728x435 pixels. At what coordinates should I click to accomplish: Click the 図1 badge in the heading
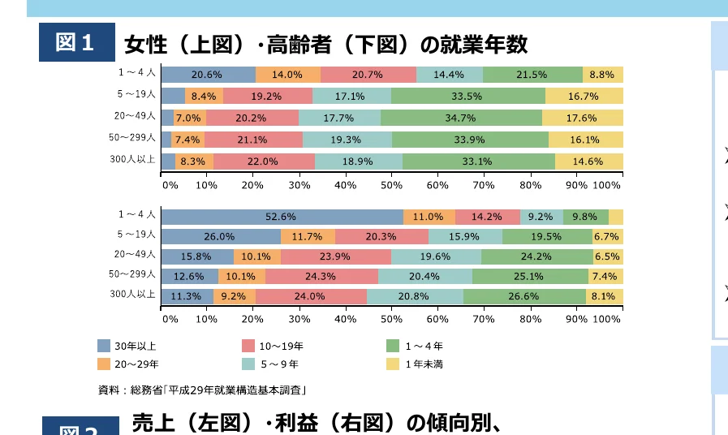point(77,43)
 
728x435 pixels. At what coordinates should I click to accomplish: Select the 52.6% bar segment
point(282,217)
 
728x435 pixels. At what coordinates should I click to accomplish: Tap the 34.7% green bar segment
point(460,118)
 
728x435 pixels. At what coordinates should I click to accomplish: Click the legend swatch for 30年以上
point(104,346)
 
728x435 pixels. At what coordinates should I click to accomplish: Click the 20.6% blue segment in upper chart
point(208,75)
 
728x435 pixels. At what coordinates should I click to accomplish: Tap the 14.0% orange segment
point(287,75)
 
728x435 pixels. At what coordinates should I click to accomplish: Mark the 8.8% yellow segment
point(602,75)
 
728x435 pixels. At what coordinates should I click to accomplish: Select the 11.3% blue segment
point(187,296)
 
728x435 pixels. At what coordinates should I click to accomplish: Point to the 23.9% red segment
point(336,256)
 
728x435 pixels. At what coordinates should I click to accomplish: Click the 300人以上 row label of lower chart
point(132,294)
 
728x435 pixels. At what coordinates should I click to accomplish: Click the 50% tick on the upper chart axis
point(391,185)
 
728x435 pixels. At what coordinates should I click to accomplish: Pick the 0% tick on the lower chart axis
point(170,319)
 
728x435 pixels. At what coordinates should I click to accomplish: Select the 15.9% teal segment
point(464,237)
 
